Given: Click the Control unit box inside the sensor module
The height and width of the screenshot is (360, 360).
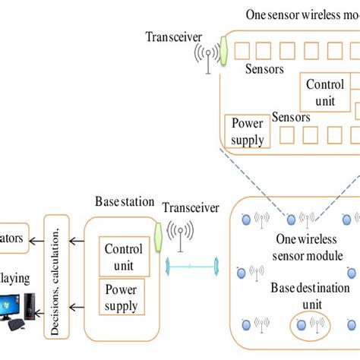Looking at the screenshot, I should click(x=324, y=92).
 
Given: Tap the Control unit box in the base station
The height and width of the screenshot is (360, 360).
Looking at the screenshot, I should click(x=123, y=255).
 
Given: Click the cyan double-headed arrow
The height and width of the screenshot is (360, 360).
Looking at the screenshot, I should click(x=191, y=267).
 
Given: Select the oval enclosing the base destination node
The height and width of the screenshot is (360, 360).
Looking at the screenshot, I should click(x=309, y=325).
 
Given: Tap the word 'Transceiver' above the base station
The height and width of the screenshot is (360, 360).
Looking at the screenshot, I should click(x=191, y=208).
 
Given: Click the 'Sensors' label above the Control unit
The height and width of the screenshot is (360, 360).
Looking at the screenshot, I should click(x=264, y=69).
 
